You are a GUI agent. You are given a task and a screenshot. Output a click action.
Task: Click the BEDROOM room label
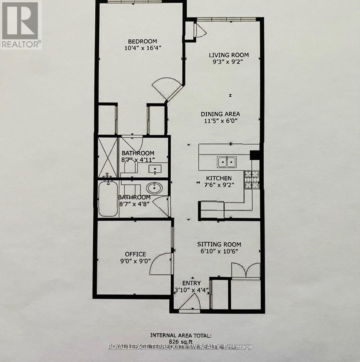click(143, 41)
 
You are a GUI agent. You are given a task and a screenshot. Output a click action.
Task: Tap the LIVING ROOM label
click(229, 55)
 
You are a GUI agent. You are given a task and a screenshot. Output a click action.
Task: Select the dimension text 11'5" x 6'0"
click(220, 121)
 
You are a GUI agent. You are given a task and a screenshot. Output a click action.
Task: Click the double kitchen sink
click(227, 162)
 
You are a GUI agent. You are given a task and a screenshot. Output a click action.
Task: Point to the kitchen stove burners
click(252, 180)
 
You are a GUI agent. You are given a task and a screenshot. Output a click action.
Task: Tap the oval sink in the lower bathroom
click(154, 189)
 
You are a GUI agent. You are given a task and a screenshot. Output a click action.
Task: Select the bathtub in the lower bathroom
click(108, 198)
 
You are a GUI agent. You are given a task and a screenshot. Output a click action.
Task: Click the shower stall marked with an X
click(107, 158)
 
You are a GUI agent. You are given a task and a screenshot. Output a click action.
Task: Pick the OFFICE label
click(136, 254)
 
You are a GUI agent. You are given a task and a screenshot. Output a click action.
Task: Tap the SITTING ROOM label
click(219, 244)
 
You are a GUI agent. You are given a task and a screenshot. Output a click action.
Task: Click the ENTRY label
click(191, 283)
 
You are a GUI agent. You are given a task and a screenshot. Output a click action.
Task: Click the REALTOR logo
click(21, 25)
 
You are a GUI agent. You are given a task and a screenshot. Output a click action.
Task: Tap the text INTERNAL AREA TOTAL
click(181, 335)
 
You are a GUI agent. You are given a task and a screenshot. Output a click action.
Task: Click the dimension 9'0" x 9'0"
click(136, 261)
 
